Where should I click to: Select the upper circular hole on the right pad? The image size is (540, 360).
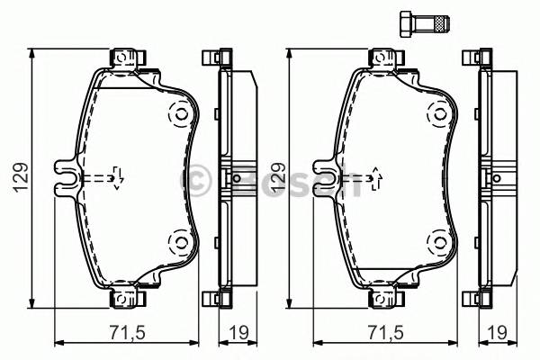click(437, 114)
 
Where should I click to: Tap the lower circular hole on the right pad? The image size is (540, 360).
click(437, 240)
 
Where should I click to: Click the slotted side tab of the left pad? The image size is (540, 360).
click(65, 177)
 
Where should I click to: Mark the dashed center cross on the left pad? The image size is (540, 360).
click(116, 177)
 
